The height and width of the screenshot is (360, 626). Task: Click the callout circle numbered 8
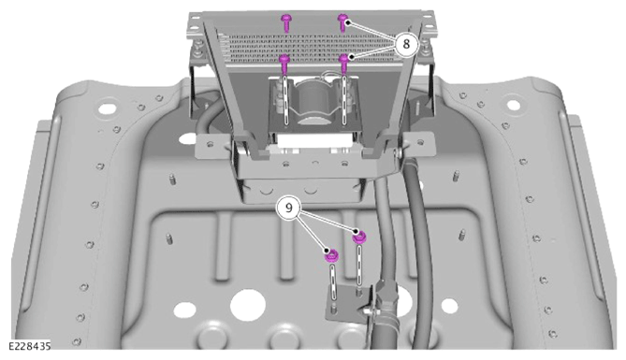pyautogui.click(x=406, y=44)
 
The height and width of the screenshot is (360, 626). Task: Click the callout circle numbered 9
pyautogui.click(x=288, y=208)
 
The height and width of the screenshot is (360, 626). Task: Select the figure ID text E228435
pyautogui.click(x=30, y=346)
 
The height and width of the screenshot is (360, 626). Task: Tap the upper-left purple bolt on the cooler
pyautogui.click(x=285, y=22)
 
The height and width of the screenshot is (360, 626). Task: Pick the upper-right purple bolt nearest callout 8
pyautogui.click(x=343, y=22)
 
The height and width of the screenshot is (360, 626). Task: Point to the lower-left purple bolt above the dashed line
pyautogui.click(x=284, y=64)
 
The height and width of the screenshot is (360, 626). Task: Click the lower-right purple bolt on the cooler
pyautogui.click(x=344, y=64)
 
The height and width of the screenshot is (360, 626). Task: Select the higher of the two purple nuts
pyautogui.click(x=359, y=238)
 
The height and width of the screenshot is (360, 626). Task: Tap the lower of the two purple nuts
pyautogui.click(x=332, y=255)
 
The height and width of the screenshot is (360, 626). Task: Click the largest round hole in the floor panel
pyautogui.click(x=248, y=305)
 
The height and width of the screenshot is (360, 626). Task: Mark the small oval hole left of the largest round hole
pyautogui.click(x=184, y=310)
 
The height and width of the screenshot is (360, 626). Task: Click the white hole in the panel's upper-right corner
pyautogui.click(x=513, y=105)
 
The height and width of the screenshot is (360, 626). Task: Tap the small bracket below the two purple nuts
pyautogui.click(x=345, y=303)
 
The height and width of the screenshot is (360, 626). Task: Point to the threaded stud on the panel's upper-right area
pyautogui.click(x=455, y=176)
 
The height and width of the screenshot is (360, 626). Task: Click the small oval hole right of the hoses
pyautogui.click(x=449, y=306)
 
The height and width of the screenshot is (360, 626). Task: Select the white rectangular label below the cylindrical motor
pyautogui.click(x=315, y=139)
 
